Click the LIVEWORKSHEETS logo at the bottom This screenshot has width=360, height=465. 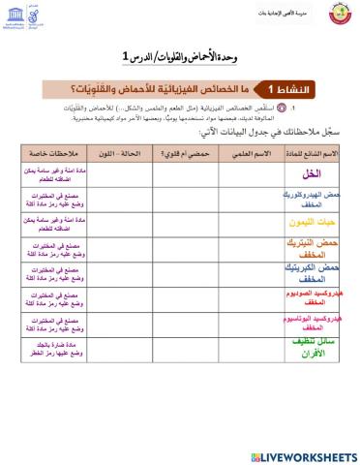(x=300, y=455)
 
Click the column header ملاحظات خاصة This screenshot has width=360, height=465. (x=56, y=153)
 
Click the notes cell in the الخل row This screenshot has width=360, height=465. (x=58, y=174)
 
